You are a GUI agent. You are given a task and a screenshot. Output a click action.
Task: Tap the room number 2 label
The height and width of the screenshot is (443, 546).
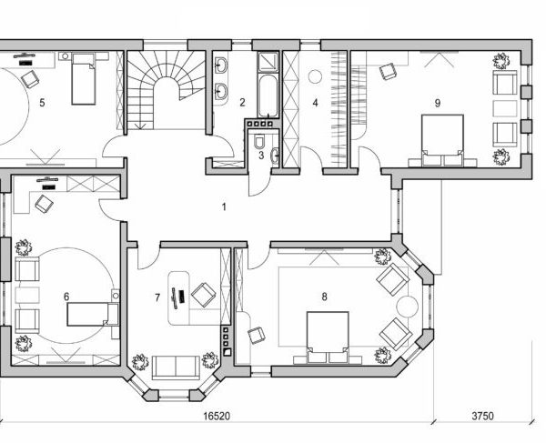(x=243, y=104)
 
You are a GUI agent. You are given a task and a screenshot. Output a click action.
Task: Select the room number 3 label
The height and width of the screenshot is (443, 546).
(x=261, y=156)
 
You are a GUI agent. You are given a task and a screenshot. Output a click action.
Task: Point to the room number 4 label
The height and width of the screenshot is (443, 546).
(x=315, y=104)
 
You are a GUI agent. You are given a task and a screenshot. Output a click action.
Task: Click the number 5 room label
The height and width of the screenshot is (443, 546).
(x=42, y=103)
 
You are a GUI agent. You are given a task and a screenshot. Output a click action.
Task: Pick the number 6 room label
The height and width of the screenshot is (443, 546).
(x=66, y=296)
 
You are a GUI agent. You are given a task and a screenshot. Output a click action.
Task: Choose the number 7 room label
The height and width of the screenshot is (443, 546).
(x=157, y=297)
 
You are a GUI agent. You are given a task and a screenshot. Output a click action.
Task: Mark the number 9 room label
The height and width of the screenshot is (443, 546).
(x=438, y=103)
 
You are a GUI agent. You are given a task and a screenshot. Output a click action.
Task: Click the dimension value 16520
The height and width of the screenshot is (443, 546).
(x=215, y=416)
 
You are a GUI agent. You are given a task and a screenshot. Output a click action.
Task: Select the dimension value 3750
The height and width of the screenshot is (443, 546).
(x=482, y=416)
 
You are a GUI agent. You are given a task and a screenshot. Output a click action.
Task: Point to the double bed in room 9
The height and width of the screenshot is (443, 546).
(x=441, y=141)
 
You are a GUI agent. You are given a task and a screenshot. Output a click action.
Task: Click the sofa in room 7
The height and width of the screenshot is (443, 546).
(x=176, y=367)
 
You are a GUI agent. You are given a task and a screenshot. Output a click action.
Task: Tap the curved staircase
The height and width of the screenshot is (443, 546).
(x=165, y=91)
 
